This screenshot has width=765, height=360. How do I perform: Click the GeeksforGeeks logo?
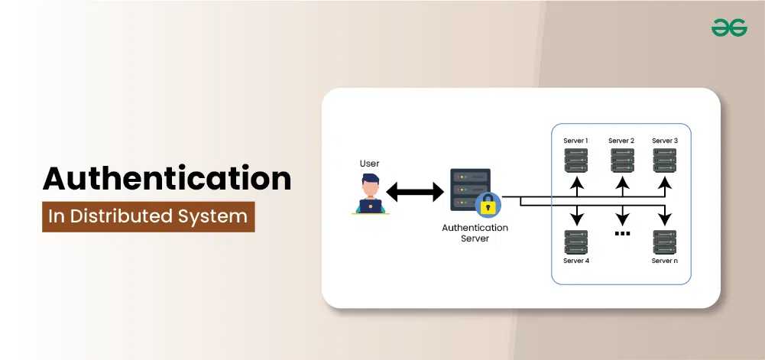pos(729,28)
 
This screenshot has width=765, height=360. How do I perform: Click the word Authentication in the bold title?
pos(167,178)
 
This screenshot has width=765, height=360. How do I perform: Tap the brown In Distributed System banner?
pos(148,216)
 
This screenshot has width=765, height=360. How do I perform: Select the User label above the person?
pos(370,164)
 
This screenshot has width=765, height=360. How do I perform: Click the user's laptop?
pos(371,205)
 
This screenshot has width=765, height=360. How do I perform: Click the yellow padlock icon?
pos(487,205)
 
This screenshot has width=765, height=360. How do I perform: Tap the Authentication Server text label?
pos(475,233)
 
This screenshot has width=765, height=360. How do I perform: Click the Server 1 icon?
pos(576,160)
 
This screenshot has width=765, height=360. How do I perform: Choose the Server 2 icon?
pos(622,160)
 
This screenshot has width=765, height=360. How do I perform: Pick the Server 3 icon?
pos(665,160)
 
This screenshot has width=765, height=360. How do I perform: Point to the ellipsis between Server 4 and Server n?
pos(622,233)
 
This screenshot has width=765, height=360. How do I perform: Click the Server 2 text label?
pos(621,141)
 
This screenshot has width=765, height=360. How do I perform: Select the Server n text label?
pos(665,261)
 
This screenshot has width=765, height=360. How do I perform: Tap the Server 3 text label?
pos(665,141)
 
